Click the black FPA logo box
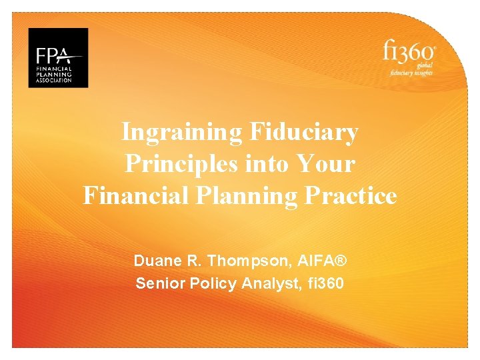tap(58, 57)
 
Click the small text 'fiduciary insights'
tap(412, 72)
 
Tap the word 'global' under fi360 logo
tap(425, 65)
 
